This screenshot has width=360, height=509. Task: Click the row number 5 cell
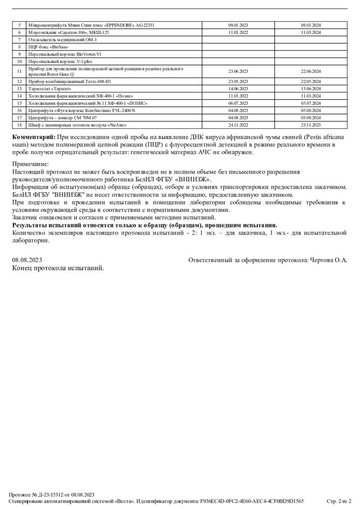[x=19, y=25]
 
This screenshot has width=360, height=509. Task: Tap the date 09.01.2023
[x=238, y=25]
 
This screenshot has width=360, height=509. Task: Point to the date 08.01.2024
[x=310, y=25]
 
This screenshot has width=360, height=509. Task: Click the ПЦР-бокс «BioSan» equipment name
[x=48, y=47]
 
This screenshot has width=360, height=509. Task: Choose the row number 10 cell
[x=19, y=61]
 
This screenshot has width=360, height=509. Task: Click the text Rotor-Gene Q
[x=61, y=74]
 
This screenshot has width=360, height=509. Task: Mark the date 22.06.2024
[x=310, y=71]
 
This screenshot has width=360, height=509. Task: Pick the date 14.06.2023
[x=238, y=89]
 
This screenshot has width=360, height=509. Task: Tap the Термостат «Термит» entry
[x=47, y=89]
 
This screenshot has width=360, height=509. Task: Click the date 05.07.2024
[x=310, y=103]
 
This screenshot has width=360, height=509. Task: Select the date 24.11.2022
[x=238, y=125]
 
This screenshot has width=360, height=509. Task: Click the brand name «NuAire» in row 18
[x=118, y=125]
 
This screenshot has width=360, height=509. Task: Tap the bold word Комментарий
[x=34, y=137]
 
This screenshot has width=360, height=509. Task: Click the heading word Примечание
[x=30, y=165]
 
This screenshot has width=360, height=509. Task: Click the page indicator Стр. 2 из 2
[x=339, y=501]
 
